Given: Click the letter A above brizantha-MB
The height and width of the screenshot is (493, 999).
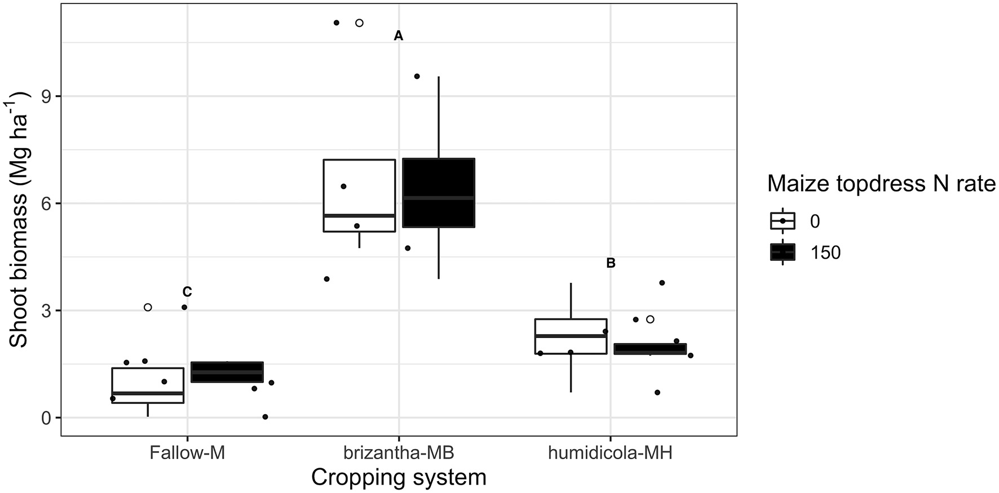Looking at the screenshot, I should point(399,36).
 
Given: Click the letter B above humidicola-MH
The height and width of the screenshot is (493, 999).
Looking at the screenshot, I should point(611,263).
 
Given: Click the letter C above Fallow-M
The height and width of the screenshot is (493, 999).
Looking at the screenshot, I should point(187,292).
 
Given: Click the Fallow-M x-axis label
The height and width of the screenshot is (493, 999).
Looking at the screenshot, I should point(187,453).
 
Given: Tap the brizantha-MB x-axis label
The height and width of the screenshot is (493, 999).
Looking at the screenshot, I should point(399,453).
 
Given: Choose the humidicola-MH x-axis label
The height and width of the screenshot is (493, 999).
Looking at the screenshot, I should point(611,453).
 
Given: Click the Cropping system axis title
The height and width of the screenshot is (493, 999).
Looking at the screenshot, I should point(399,478).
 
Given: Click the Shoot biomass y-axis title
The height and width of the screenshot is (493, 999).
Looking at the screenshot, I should point(20,220).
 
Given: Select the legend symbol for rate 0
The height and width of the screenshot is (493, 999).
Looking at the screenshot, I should point(783,221).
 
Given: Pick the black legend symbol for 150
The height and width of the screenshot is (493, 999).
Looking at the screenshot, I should point(783,252).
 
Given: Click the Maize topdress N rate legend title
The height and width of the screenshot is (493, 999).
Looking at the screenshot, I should point(882,184).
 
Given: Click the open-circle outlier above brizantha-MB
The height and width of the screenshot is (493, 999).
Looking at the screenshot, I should point(359,23).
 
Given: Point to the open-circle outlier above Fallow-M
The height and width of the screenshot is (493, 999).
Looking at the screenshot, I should point(148,307).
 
